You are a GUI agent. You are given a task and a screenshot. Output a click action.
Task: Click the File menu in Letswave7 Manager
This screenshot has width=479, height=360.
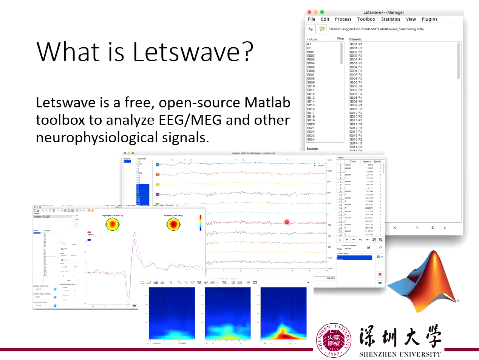[311, 19]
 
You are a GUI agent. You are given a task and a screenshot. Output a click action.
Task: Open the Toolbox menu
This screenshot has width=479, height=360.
[366, 19]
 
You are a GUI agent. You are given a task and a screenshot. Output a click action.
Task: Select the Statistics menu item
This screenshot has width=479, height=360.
[390, 19]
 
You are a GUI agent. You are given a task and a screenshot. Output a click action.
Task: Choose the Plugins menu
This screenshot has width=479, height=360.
[430, 19]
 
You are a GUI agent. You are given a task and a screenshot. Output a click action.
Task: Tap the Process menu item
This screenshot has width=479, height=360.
[343, 19]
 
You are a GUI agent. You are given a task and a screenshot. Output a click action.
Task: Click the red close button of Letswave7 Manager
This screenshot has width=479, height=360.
[310, 12]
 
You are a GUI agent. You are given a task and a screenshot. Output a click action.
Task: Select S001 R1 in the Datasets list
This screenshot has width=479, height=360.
[356, 44]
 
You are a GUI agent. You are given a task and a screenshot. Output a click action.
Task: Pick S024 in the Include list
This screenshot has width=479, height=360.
[311, 140]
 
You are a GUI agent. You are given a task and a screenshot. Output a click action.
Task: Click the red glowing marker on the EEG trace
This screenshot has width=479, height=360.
[287, 222]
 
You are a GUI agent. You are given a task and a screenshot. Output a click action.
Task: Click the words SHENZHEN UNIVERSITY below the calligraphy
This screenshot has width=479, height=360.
[400, 354]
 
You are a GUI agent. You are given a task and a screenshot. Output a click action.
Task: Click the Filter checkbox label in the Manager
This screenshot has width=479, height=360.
[340, 39]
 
